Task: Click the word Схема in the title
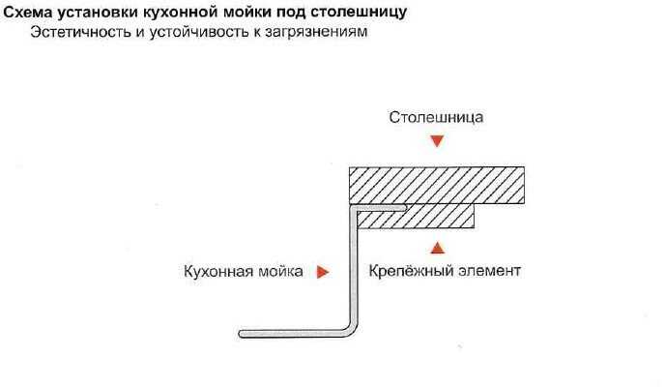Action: [28, 12]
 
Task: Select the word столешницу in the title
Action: [359, 13]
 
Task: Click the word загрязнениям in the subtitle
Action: [316, 33]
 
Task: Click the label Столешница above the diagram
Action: [436, 117]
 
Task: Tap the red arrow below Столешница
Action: [437, 141]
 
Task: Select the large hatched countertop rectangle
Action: [437, 186]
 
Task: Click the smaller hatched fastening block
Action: [416, 218]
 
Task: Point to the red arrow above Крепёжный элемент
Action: [437, 248]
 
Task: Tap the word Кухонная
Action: [218, 272]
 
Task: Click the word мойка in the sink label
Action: [280, 272]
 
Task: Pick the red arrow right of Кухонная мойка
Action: [323, 272]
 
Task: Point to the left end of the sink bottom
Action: [240, 334]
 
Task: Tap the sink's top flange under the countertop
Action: [378, 208]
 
